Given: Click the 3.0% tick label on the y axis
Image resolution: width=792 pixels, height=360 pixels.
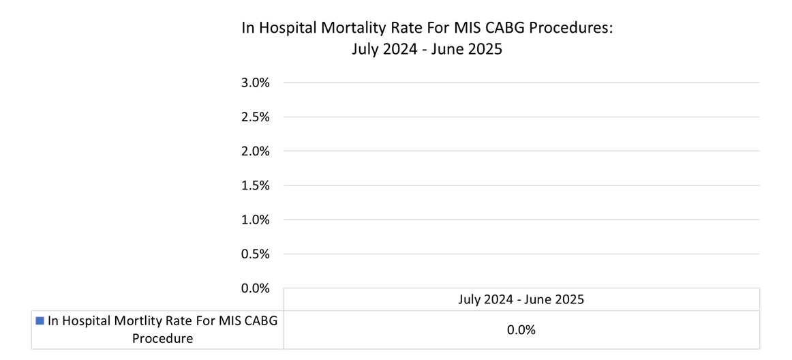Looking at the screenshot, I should tap(256, 83).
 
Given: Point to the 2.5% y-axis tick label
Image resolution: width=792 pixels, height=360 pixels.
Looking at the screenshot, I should tap(256, 117).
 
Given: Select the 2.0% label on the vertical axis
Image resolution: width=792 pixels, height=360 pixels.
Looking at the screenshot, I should tap(256, 151).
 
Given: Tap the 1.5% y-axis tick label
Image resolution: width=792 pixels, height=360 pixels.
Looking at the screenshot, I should tap(256, 185).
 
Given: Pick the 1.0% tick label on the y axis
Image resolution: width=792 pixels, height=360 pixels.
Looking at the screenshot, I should tap(256, 220).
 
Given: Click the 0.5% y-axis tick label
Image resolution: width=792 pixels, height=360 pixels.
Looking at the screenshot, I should tap(256, 254).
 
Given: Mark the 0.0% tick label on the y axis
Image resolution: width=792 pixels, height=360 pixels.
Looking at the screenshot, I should tap(256, 288).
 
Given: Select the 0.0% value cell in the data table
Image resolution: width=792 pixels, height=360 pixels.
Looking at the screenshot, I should tap(521, 330).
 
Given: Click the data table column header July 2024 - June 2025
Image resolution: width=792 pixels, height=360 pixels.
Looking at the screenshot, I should tap(521, 299).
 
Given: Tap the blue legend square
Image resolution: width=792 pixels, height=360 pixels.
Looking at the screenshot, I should tap(40, 320).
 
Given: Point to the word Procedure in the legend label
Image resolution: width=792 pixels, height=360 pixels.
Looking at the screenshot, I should tap(162, 339).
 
